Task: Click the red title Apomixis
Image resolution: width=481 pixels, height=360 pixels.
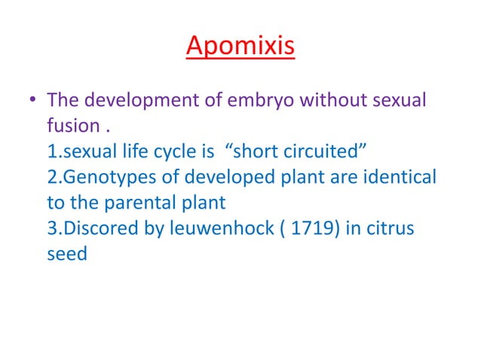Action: pos(240,47)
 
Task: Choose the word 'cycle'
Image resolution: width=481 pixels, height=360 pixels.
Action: pos(176,152)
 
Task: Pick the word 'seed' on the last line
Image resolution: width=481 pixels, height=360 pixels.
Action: pos(67,254)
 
